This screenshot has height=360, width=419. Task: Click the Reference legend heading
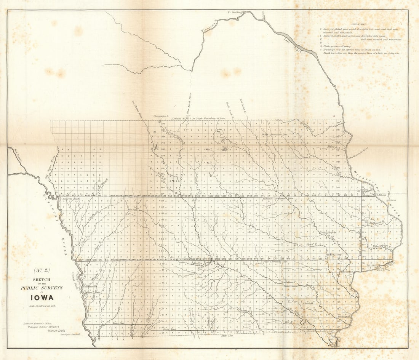tap(359, 24)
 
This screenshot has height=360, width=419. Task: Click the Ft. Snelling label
tap(235, 12)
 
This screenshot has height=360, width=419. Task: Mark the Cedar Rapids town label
tap(328, 232)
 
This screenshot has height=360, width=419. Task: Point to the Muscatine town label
tap(345, 272)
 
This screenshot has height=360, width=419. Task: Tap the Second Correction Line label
tap(278, 198)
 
